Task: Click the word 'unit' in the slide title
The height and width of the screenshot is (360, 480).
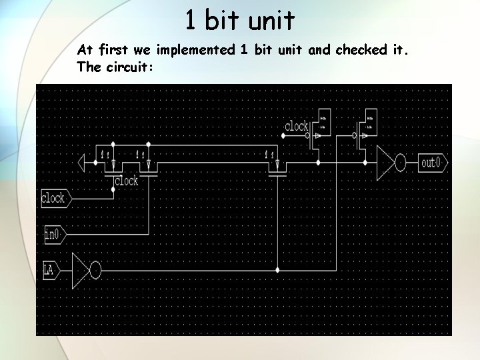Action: pos(271,21)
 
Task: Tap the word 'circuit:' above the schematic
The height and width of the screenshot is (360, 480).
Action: pos(131,67)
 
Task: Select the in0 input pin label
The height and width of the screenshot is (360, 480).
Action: pos(53,233)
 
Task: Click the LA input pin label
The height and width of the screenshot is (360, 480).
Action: pos(48,270)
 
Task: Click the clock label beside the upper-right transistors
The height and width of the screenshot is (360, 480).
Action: pos(296,126)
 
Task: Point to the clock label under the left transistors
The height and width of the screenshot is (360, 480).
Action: pos(126,181)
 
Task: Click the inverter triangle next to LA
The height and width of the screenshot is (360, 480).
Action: pos(81,270)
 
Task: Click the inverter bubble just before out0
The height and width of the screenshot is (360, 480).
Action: pos(401,163)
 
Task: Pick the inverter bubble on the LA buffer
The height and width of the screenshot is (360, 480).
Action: pos(95,270)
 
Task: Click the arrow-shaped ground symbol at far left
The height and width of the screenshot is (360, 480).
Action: pos(83,163)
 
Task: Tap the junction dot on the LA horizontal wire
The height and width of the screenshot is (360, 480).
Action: pos(277,270)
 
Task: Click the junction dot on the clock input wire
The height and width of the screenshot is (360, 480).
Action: pos(113,189)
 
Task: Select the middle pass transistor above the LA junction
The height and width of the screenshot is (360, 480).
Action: pos(275,164)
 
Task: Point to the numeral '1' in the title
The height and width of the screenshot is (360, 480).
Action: pos(190,21)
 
